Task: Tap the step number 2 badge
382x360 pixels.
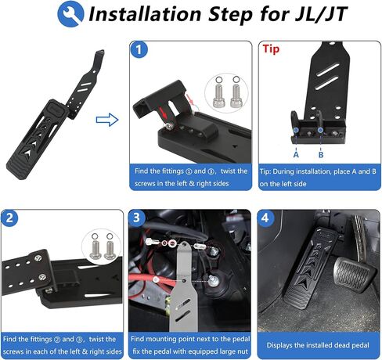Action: (x=12, y=218)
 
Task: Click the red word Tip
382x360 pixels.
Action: (x=271, y=49)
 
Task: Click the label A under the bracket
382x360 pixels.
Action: (x=295, y=153)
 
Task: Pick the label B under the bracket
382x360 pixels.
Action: (x=321, y=153)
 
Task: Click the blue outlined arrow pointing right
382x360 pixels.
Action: (x=106, y=120)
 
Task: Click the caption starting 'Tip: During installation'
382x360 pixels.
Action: (x=317, y=177)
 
